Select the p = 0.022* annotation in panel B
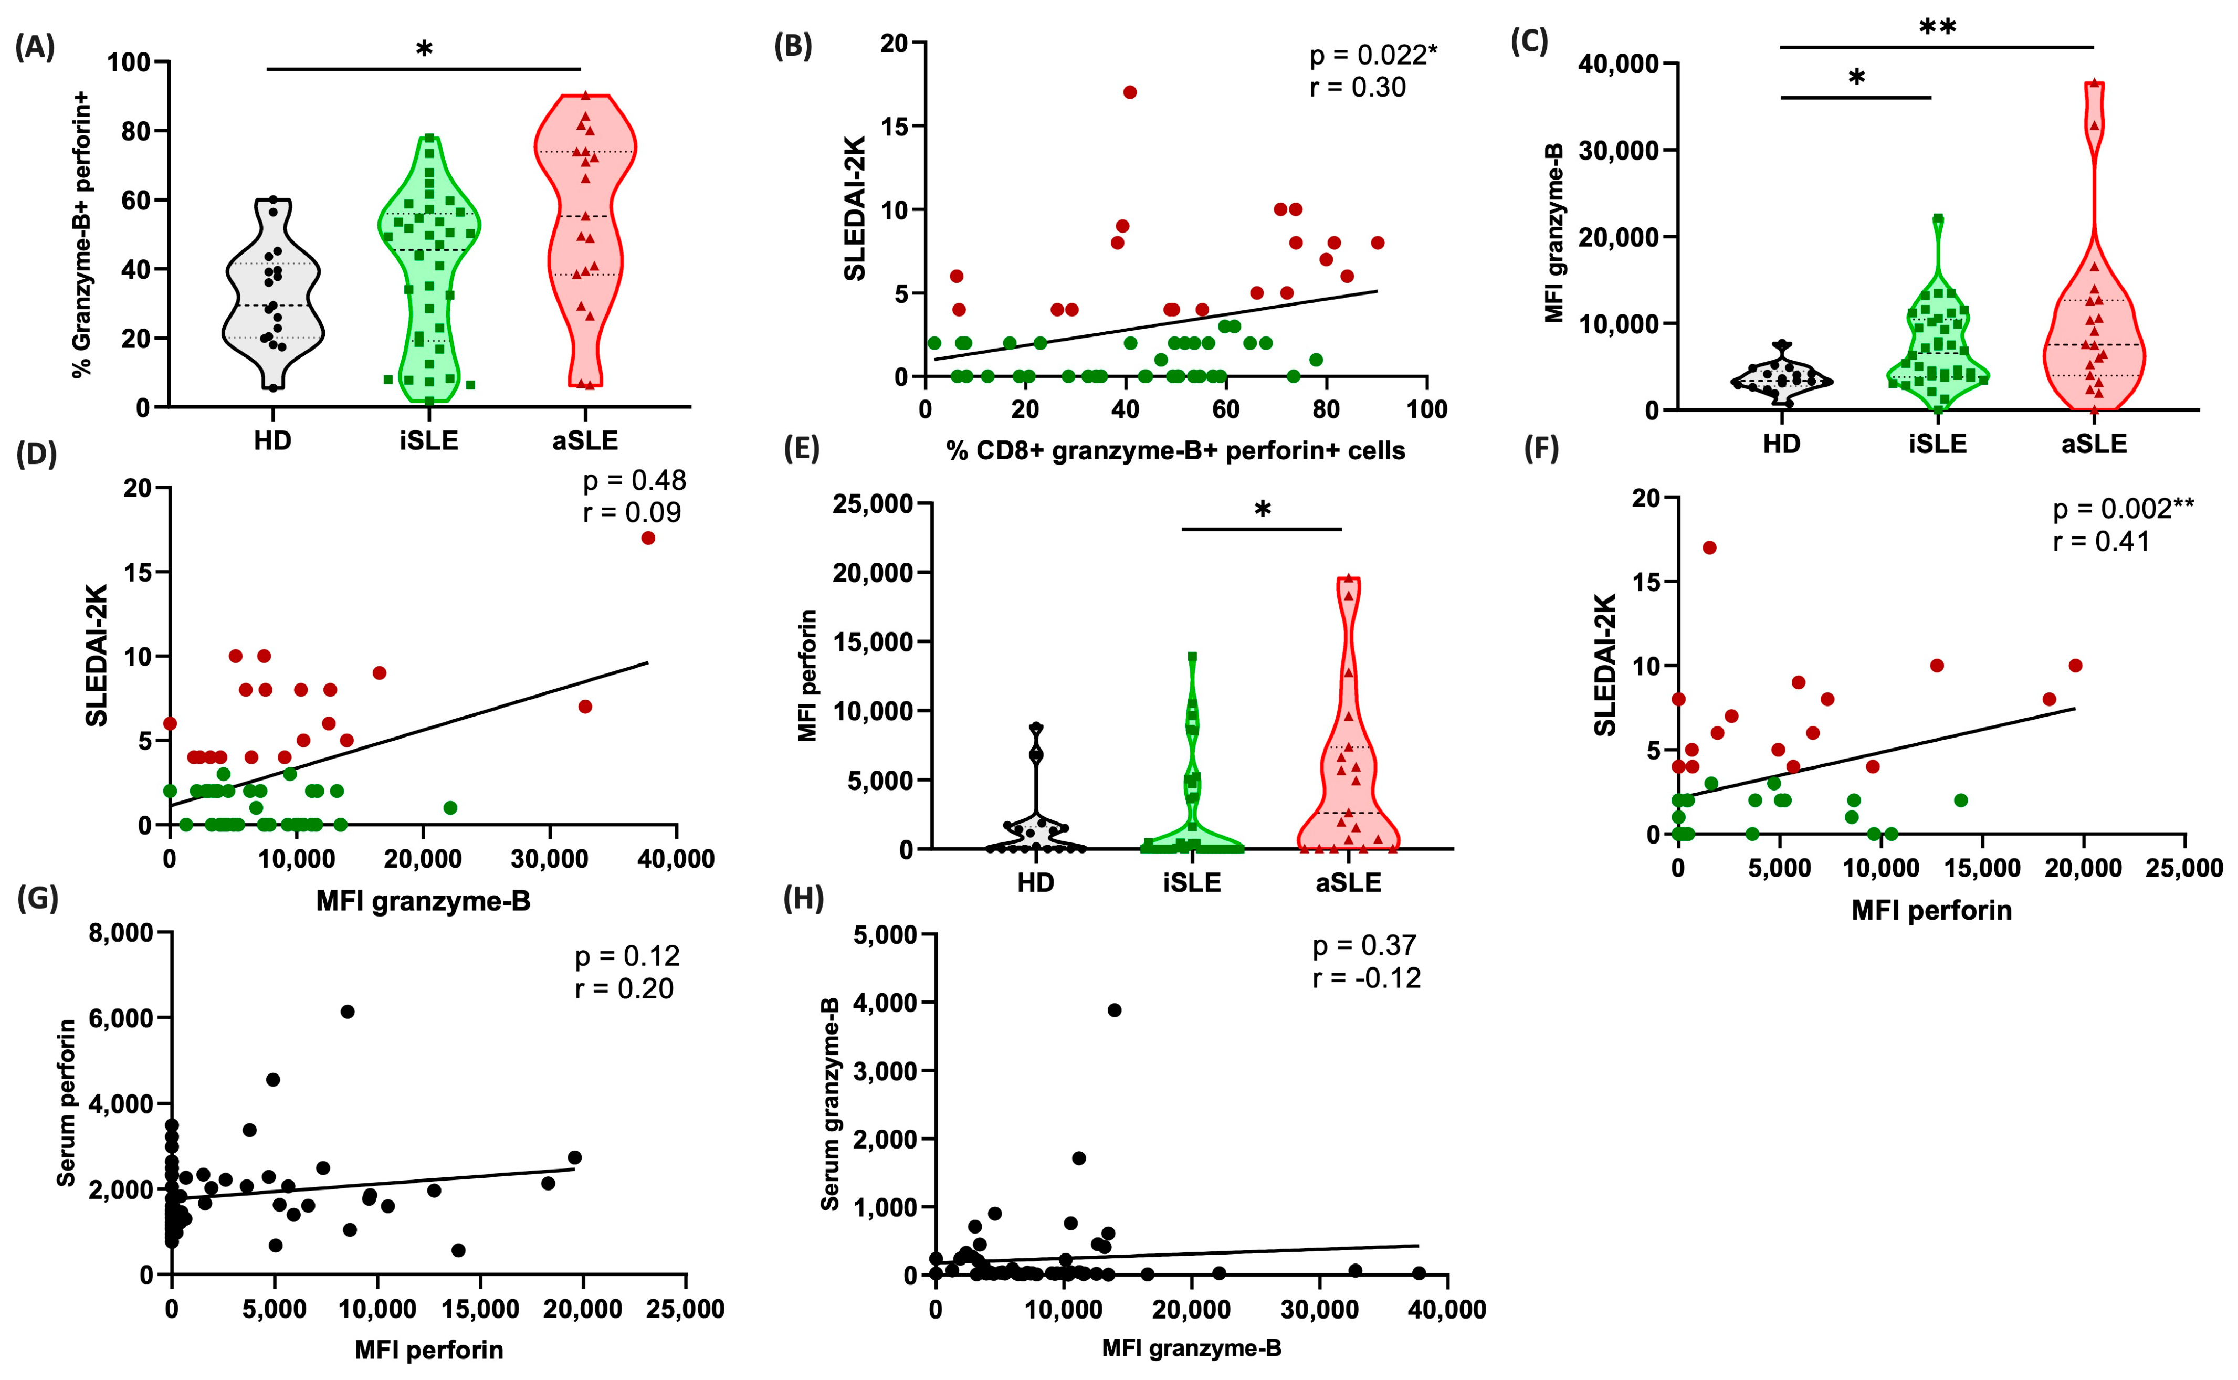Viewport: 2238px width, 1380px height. tap(1373, 56)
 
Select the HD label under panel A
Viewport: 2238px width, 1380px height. tap(272, 441)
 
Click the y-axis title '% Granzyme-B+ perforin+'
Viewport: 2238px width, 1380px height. tap(81, 234)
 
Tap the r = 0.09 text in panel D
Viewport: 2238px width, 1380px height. tap(632, 513)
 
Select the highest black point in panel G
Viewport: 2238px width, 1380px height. tap(347, 1012)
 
